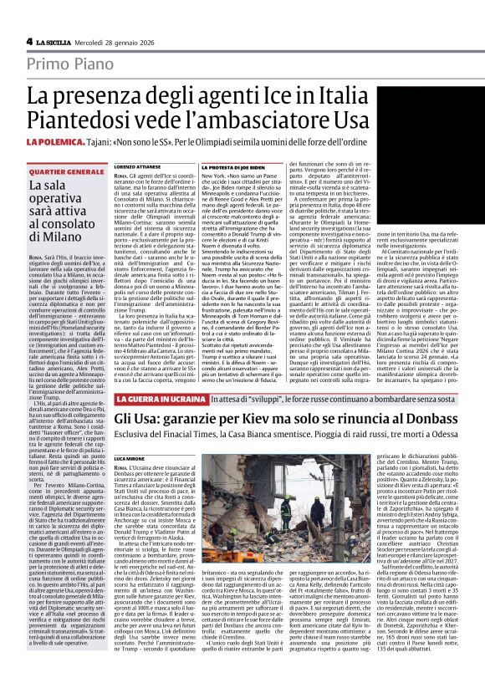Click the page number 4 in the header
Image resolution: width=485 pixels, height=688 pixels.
click(x=29, y=41)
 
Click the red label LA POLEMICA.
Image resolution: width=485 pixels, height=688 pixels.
click(x=52, y=142)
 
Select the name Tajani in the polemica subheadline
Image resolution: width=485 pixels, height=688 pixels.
click(x=125, y=142)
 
